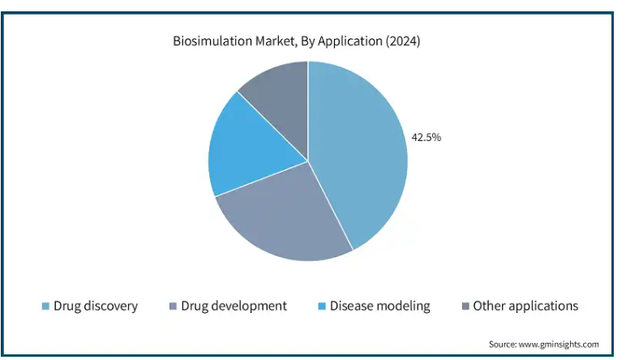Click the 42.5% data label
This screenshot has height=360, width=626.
coord(427,137)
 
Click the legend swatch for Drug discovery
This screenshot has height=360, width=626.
coord(45,306)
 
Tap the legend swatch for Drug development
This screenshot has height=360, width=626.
coord(173,306)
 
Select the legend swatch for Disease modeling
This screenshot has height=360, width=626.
coord(322,306)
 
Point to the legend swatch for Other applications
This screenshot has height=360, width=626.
coord(465,306)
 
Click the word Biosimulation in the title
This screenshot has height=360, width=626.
coord(212,41)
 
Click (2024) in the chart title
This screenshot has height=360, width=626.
coord(403,41)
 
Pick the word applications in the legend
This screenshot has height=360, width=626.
coord(543,306)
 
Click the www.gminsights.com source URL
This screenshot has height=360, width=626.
coord(559,345)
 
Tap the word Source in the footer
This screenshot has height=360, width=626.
coord(503,344)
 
